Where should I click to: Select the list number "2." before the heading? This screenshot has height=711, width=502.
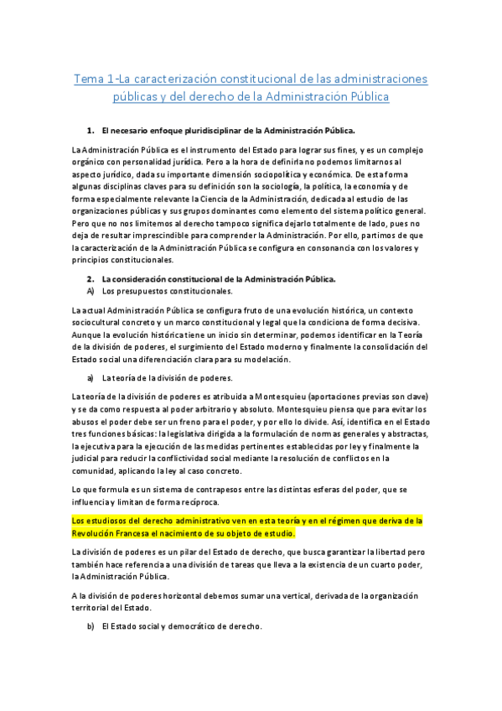pyautogui.click(x=91, y=278)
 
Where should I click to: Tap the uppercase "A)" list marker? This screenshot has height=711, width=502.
pyautogui.click(x=91, y=291)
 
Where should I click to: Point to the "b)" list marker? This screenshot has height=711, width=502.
pyautogui.click(x=91, y=626)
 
